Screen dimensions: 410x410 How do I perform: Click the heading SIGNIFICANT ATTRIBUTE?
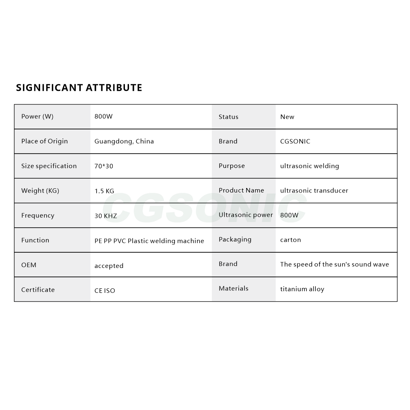tap(79, 88)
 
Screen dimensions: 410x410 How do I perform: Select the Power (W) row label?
tap(37, 116)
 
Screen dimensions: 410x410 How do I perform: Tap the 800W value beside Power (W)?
tap(103, 116)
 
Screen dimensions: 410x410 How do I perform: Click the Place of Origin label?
tap(45, 141)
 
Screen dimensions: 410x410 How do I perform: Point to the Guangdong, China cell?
tap(124, 141)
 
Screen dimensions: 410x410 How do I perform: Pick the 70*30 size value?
tap(104, 166)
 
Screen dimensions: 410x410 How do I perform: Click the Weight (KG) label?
tap(40, 190)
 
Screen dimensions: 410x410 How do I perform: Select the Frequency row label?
tap(38, 215)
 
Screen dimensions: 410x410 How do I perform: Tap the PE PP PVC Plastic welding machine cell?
tap(149, 241)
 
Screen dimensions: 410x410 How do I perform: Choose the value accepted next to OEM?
tap(109, 266)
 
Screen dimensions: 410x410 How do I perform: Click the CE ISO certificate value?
tap(105, 290)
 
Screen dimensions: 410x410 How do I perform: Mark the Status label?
tap(229, 117)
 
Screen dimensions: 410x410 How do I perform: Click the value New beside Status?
tap(287, 117)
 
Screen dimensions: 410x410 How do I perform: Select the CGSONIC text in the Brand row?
tap(295, 141)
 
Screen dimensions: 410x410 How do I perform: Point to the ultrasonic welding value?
tap(310, 166)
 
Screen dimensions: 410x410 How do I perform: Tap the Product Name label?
tap(241, 190)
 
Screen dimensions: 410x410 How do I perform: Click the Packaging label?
tap(235, 240)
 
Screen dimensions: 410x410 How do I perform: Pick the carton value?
tap(290, 240)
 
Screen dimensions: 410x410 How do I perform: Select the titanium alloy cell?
tap(302, 289)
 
